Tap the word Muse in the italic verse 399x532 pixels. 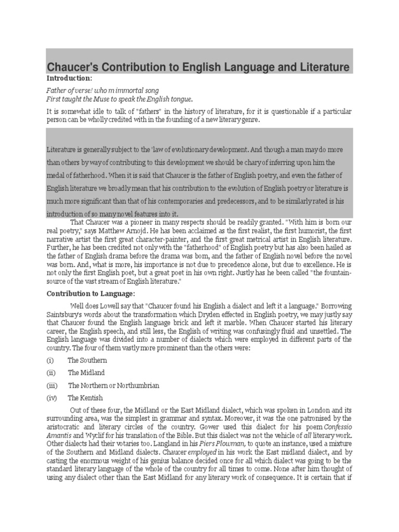(x=98, y=99)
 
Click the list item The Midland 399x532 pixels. (x=86, y=373)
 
